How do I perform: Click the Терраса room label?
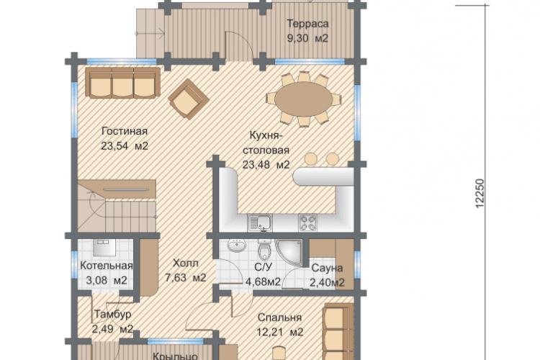coord(307,24)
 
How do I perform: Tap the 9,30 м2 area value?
coord(308,38)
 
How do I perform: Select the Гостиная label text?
coord(125,131)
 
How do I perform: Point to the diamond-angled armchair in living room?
coord(189,99)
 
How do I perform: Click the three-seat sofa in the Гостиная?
coord(122,83)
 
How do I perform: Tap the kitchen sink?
coord(260,222)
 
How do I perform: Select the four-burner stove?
coord(308,222)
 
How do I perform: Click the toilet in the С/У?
coord(264,249)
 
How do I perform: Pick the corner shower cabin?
coord(289,253)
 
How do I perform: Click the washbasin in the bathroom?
coord(237,246)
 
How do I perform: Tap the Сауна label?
coord(327,269)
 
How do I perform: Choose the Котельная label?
coord(107,266)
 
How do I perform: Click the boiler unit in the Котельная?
coord(104,248)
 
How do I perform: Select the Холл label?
coord(186,264)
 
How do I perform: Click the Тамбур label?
coord(112,314)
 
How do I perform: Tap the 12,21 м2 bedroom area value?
coord(280,332)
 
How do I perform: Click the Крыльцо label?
coord(175,356)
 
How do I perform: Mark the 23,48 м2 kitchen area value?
coord(266,165)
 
